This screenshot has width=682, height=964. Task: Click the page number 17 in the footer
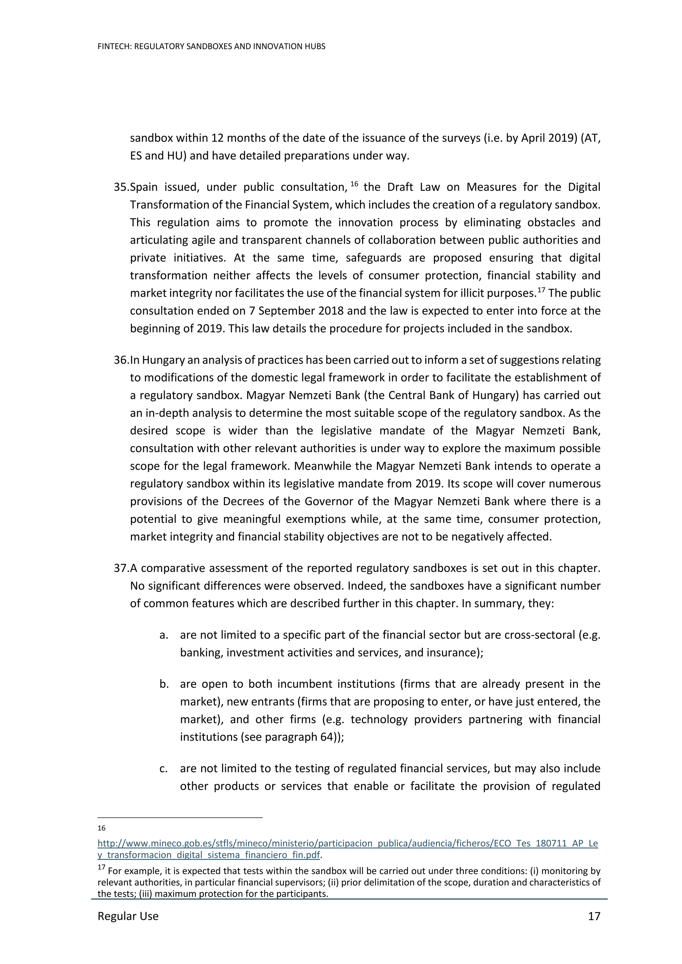[x=594, y=916]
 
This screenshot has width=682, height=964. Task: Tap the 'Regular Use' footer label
[x=128, y=916]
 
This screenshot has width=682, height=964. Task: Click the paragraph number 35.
[x=121, y=187]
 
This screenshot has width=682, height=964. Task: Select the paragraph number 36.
[x=121, y=360]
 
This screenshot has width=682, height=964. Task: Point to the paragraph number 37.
[x=121, y=568]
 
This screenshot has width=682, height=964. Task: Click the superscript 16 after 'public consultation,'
[x=354, y=184]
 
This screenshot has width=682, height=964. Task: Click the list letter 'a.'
[x=164, y=635]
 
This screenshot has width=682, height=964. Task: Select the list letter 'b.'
[x=164, y=684]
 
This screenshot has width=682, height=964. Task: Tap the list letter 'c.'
[x=164, y=769]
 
